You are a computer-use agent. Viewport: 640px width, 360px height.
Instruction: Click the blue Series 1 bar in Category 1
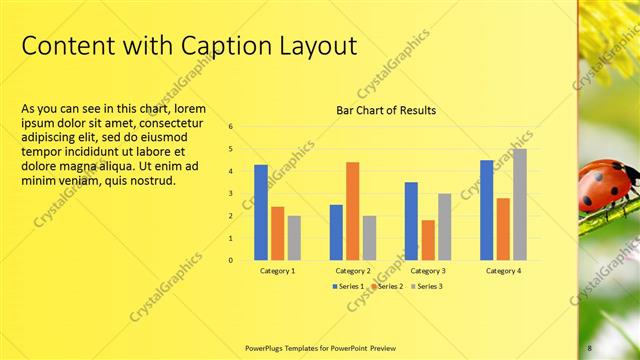(x=261, y=212)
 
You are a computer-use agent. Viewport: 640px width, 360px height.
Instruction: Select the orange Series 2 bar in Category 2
(x=352, y=211)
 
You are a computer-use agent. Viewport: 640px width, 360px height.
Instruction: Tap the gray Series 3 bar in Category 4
(x=518, y=204)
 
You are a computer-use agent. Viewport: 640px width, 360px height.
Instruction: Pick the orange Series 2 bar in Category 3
(x=428, y=240)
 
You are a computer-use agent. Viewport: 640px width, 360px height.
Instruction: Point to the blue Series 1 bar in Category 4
(x=486, y=210)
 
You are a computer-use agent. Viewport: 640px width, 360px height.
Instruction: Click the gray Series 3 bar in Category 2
(x=369, y=238)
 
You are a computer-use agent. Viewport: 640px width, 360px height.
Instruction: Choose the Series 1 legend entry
(x=349, y=286)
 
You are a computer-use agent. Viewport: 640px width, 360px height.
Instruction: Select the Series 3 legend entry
(x=426, y=286)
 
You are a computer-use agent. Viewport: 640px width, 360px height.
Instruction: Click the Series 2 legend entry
(x=388, y=286)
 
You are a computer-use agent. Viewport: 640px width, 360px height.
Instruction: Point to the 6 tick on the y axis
(x=230, y=127)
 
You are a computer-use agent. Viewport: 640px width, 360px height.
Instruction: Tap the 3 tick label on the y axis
(x=230, y=194)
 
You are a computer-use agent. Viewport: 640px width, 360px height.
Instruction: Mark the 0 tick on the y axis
(x=230, y=260)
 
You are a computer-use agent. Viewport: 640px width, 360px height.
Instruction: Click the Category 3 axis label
(x=428, y=271)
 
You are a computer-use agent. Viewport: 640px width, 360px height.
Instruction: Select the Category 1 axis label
(x=277, y=271)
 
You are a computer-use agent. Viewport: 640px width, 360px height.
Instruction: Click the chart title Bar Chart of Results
(x=386, y=110)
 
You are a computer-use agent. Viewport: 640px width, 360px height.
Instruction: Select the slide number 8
(x=590, y=346)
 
